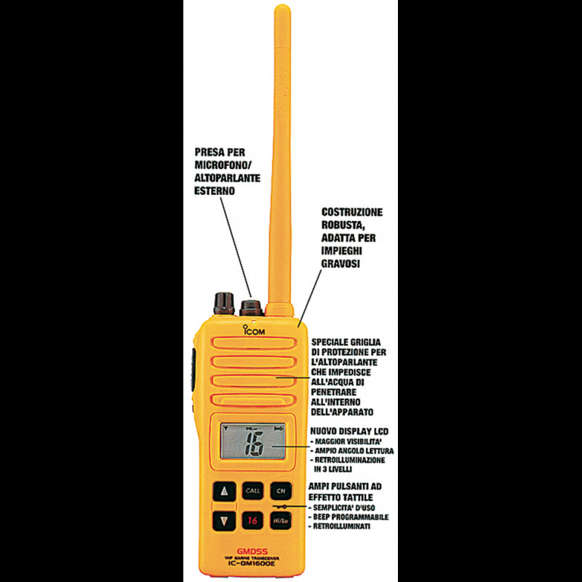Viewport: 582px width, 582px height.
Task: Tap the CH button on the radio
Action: click(x=279, y=490)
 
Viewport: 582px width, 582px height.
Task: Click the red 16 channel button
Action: click(x=252, y=520)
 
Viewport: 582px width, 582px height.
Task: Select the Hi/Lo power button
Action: click(x=279, y=520)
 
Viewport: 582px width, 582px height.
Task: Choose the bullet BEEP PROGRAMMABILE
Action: click(x=349, y=517)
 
